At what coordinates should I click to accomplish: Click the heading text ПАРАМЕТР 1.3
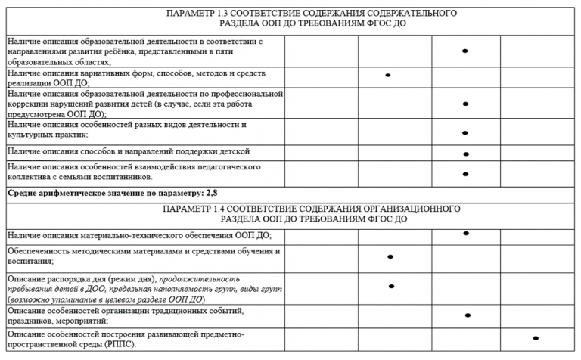pos(196,14)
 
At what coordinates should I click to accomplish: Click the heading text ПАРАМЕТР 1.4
pos(196,208)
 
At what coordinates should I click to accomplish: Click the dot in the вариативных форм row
pos(388,75)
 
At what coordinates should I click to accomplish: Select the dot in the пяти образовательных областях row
pos(465,51)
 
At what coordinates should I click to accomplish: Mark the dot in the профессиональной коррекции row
pos(465,104)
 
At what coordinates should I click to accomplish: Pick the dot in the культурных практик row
pos(465,132)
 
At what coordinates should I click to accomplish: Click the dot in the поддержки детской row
pos(466,154)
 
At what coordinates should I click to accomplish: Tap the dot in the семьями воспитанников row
pos(466,174)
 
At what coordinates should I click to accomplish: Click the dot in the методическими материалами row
pos(390,256)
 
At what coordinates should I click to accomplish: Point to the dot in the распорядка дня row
pos(391,286)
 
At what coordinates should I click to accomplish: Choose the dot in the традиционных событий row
pos(468,315)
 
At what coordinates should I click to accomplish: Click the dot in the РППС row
pos(536,338)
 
